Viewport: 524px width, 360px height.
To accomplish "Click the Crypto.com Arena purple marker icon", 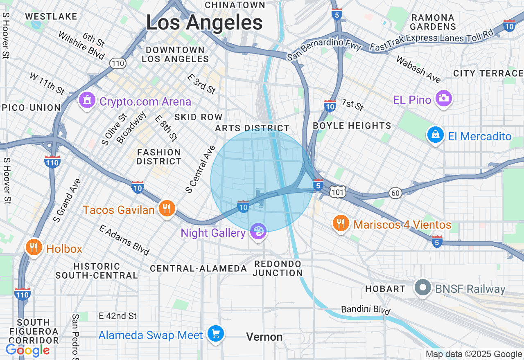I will coord(87,100).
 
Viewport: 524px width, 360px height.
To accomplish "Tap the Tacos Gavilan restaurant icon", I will coord(166,209).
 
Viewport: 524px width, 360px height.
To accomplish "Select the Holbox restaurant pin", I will coord(34,248).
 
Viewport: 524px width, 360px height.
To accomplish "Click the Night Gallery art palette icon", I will coord(258,232).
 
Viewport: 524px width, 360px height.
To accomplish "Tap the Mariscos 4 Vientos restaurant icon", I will coord(340,223).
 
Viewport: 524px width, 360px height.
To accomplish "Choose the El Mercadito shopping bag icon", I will coord(435,135).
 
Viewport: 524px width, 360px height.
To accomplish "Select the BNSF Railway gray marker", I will coord(422,288).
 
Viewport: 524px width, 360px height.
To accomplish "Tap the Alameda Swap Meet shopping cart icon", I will coord(215,334).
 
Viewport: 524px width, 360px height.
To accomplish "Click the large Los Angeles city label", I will coord(204,23).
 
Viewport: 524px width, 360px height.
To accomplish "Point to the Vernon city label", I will coord(264,337).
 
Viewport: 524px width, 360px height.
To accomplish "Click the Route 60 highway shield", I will coord(395,193).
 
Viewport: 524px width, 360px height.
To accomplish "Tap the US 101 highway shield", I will coord(339,191).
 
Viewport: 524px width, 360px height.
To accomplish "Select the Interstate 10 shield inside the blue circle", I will coord(243,206).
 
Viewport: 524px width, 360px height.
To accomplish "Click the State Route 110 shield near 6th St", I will coord(117,63).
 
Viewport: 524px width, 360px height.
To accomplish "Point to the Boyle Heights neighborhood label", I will coord(352,126).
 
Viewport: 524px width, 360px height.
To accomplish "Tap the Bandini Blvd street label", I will coord(366,310).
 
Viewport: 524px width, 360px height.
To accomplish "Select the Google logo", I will coord(27,350).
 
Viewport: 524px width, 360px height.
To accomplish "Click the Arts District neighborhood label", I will coord(252,128).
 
